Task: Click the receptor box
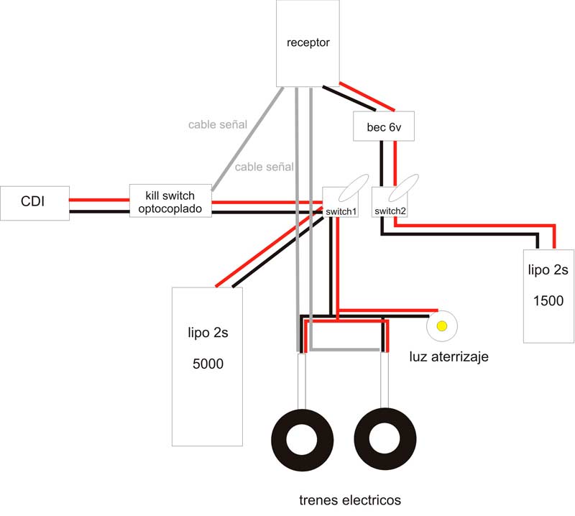point(308,43)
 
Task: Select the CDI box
point(34,203)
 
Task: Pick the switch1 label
point(341,212)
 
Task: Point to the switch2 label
point(390,211)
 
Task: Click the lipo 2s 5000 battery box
point(207,365)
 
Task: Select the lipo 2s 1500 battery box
point(548,295)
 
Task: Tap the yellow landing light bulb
point(441,327)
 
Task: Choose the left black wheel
point(302,440)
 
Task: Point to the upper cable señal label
point(218,124)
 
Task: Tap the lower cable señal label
point(264,167)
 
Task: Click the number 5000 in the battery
point(208,364)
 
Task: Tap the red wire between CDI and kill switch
point(99,198)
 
